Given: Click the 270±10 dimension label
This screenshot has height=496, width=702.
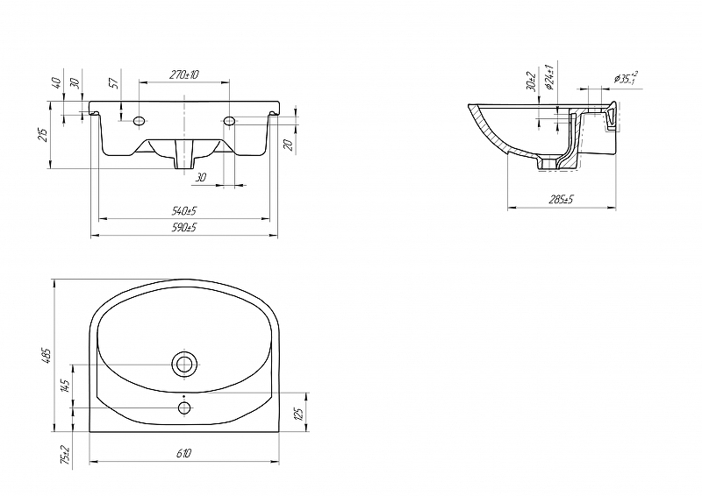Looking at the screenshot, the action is [183, 74].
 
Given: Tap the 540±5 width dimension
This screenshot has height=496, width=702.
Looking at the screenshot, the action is [184, 210].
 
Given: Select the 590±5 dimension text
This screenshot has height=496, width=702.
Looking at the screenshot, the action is [184, 227].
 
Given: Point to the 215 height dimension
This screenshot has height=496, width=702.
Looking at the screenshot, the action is [42, 135].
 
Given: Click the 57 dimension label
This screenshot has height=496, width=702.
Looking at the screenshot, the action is [114, 82].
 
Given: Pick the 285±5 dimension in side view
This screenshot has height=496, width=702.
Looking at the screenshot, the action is [561, 199].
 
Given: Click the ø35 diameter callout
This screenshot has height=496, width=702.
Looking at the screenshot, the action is [626, 78].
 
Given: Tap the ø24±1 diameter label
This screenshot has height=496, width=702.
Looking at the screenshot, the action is [550, 77].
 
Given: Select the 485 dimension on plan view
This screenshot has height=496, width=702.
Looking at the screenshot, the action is [48, 356].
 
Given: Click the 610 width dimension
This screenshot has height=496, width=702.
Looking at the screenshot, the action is [183, 453].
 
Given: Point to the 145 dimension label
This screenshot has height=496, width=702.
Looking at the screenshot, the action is [66, 386].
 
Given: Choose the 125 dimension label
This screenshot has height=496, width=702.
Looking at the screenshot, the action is [300, 413].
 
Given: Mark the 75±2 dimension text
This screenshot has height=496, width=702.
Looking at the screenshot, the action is [66, 455].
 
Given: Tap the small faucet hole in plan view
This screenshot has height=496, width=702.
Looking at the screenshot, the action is [184, 407].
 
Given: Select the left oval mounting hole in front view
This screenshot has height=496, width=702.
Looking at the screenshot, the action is [140, 120].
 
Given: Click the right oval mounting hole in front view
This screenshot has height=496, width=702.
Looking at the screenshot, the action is [229, 120].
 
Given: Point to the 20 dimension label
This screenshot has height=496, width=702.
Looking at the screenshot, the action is [289, 145].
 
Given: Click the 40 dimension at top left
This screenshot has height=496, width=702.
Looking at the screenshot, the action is [56, 82].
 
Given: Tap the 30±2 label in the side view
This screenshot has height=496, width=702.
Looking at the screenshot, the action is [532, 81].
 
